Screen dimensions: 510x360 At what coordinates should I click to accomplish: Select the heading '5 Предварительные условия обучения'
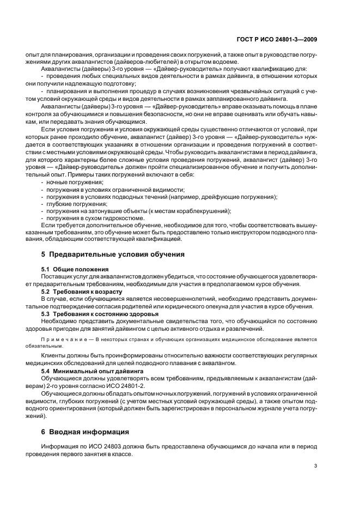pos(113,254)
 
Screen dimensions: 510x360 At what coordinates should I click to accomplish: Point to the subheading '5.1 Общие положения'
pos(75,269)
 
